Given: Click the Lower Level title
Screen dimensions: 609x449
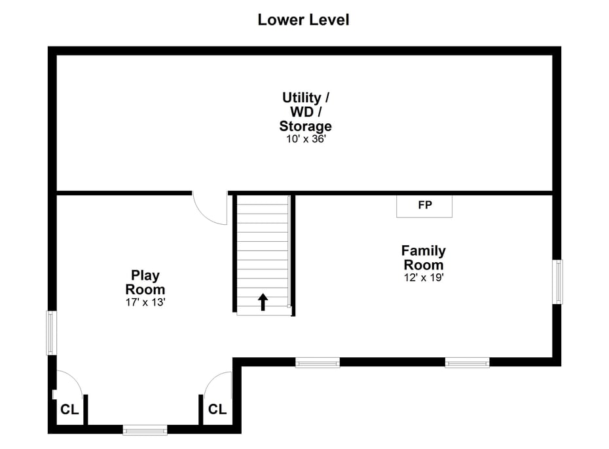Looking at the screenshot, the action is pyautogui.click(x=303, y=20).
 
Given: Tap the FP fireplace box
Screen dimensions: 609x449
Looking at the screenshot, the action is pyautogui.click(x=424, y=206).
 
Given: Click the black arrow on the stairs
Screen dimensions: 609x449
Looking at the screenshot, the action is pyautogui.click(x=263, y=302).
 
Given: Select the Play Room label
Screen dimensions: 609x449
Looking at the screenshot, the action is pyautogui.click(x=145, y=283).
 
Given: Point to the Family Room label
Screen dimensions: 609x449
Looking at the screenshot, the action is pyautogui.click(x=423, y=258).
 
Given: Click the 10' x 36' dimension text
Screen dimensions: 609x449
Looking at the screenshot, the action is pyautogui.click(x=306, y=139).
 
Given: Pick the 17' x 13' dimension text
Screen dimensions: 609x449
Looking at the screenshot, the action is pyautogui.click(x=145, y=302).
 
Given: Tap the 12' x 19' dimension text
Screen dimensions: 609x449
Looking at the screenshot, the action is pyautogui.click(x=423, y=277).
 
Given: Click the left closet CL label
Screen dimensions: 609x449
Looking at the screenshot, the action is pyautogui.click(x=69, y=410).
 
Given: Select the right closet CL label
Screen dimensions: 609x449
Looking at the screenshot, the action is pyautogui.click(x=217, y=409).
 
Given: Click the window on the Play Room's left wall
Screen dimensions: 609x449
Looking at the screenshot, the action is pyautogui.click(x=52, y=333).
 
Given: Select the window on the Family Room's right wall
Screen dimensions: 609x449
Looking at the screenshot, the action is pyautogui.click(x=558, y=282).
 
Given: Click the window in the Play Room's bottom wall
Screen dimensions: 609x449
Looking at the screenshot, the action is pyautogui.click(x=145, y=430).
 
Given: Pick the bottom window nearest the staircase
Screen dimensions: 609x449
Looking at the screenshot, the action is pyautogui.click(x=318, y=363).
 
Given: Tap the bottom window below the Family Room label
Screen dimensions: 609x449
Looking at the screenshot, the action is pyautogui.click(x=468, y=363).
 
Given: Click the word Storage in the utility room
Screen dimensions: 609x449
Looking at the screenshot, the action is pyautogui.click(x=306, y=127).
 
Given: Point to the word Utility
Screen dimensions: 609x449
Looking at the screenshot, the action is pyautogui.click(x=301, y=98).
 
